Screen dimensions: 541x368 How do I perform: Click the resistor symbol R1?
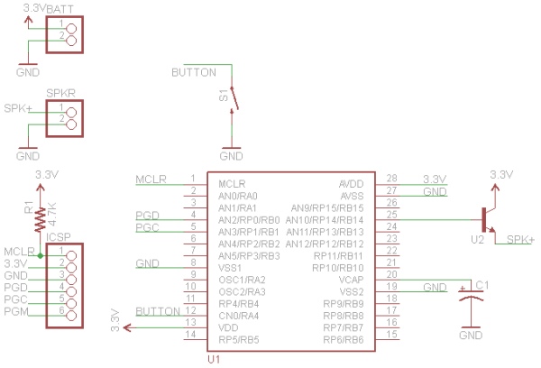coord(40,219)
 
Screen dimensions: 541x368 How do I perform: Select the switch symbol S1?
coord(234,99)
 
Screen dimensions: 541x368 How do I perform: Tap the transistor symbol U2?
coord(487,220)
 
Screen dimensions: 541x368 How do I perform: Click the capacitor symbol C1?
coord(471,296)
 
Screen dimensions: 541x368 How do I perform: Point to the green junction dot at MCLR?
coord(41,256)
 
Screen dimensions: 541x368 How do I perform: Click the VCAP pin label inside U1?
coord(351,280)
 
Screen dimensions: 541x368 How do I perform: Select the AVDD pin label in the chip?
coord(352,184)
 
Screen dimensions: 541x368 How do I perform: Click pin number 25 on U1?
coord(391,215)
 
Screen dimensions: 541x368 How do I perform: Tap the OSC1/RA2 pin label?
coord(242,280)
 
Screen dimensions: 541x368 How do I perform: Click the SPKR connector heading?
coord(60,93)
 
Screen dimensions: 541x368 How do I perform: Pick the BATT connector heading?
coord(60,9)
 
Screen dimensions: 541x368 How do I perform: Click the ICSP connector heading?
coord(58,237)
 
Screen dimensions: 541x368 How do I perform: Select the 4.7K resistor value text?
coord(52,214)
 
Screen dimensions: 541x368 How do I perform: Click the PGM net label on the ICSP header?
coord(16,311)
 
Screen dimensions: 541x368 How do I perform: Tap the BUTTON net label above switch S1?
coord(194,72)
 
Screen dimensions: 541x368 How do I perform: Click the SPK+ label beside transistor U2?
coord(520,239)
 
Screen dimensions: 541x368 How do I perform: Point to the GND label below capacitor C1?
coord(471,335)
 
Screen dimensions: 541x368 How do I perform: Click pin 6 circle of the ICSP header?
coord(71,315)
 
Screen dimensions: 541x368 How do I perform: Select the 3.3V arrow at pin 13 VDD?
coord(127,327)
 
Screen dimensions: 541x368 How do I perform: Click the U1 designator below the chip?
coord(214,359)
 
